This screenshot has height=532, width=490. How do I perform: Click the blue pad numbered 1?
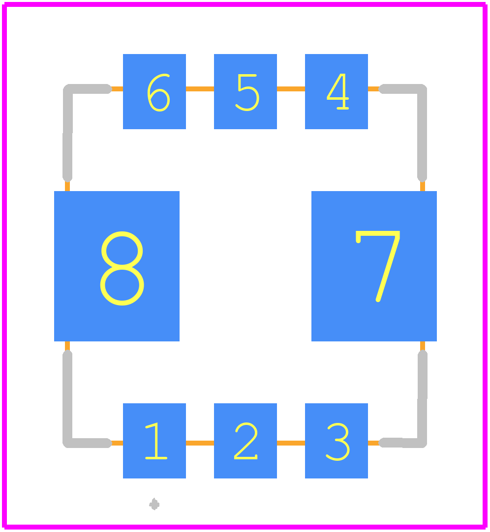(154, 441)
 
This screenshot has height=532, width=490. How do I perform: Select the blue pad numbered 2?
(245, 441)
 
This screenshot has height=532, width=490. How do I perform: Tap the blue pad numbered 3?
(337, 441)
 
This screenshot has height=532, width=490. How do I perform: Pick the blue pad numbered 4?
(337, 91)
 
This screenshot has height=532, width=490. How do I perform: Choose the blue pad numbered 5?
(245, 91)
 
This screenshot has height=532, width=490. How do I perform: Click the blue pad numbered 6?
(154, 91)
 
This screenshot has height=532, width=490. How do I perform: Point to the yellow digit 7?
(378, 266)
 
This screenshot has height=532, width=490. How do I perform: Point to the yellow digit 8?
(122, 268)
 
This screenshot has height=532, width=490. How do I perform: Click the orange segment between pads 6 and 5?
(200, 89)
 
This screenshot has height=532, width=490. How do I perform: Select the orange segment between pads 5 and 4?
(291, 89)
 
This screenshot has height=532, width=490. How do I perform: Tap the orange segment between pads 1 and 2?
(200, 443)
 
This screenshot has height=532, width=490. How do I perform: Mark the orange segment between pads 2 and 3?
(291, 443)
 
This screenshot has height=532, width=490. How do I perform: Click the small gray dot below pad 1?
(154, 504)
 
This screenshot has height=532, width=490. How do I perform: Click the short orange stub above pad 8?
(67, 186)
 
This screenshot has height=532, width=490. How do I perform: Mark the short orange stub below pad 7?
(423, 346)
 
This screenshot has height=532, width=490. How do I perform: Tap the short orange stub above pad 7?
(423, 186)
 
